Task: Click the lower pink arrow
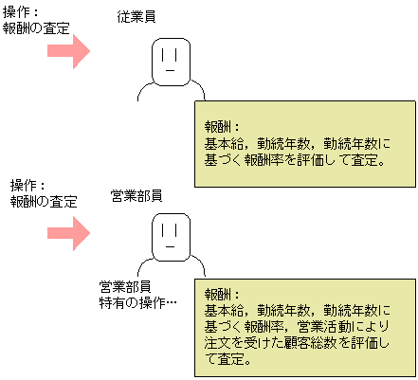(68, 230)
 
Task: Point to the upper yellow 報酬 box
(303, 142)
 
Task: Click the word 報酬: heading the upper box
(221, 125)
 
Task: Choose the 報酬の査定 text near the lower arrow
(43, 201)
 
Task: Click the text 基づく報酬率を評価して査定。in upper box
(293, 160)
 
